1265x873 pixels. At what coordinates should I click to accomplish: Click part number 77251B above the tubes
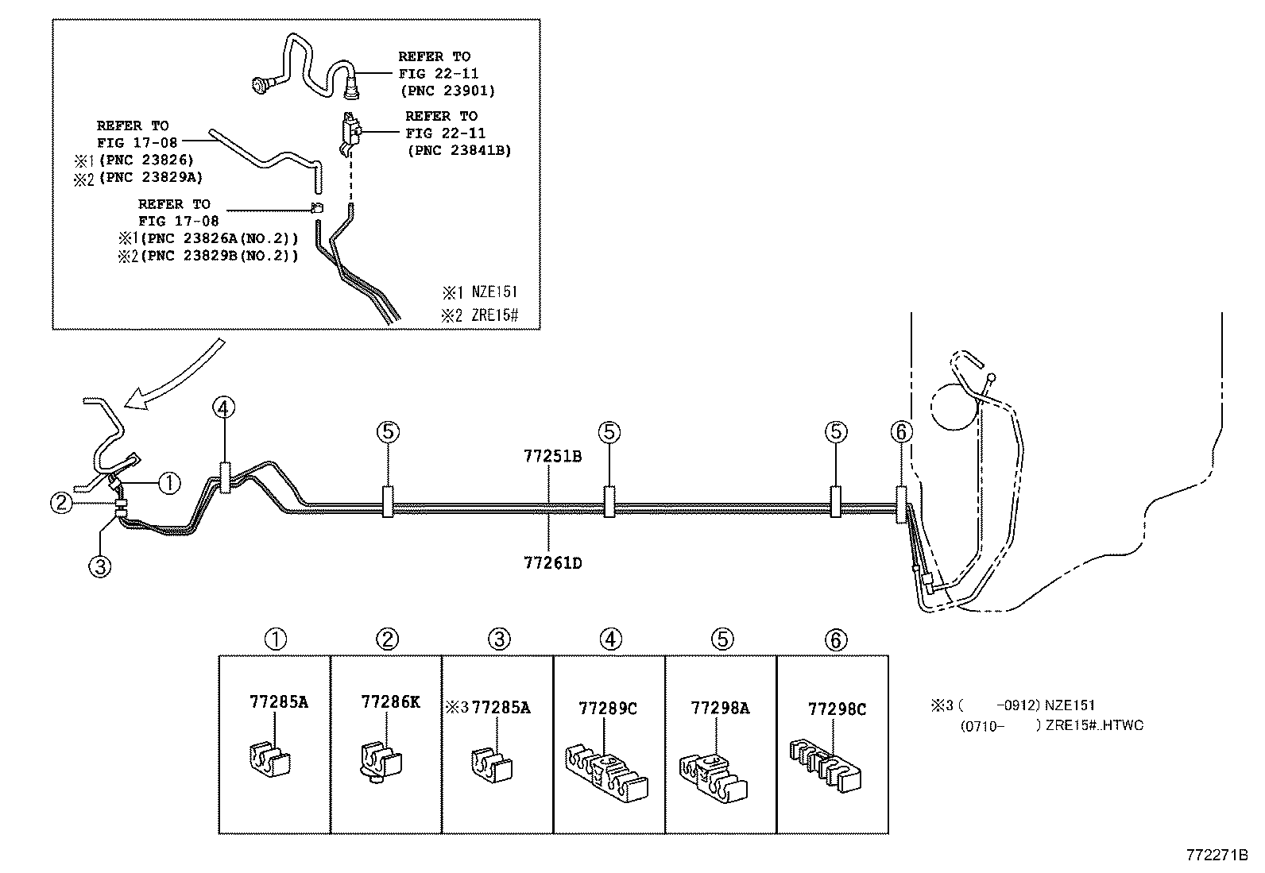coord(552,457)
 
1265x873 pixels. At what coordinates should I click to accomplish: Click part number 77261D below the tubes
coord(552,563)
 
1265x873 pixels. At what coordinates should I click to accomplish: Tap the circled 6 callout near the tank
coord(902,432)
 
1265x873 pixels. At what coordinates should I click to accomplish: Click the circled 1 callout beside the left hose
coord(169,482)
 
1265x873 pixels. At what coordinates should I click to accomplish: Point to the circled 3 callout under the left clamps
coord(100,566)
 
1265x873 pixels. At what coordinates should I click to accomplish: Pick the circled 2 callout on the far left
coord(61,502)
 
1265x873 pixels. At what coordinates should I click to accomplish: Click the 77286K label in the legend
coord(390,701)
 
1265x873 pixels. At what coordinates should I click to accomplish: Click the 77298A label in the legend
coord(720,708)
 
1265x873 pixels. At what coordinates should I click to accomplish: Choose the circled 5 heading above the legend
coord(721,639)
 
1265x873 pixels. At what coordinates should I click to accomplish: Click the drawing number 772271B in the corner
coord(1217,856)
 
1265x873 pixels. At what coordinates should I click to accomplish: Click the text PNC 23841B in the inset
coord(459,150)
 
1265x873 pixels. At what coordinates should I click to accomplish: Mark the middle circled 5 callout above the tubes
coord(609,432)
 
